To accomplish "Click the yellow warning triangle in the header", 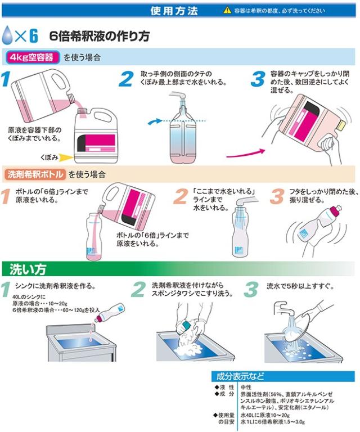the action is (227, 11).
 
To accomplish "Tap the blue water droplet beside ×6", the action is (7, 35).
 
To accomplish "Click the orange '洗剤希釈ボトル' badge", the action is (35, 174).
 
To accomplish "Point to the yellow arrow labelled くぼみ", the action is (67, 157).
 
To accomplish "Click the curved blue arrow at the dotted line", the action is (155, 121).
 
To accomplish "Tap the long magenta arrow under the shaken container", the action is (246, 154).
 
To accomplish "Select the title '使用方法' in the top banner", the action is (174, 11).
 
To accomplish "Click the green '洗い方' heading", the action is (28, 269).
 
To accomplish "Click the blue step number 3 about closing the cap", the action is (258, 79).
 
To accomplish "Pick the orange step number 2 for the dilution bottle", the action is (181, 196).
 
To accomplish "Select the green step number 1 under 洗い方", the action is (6, 289).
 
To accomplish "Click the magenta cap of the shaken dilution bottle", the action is (336, 210).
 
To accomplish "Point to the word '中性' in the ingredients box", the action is (246, 387).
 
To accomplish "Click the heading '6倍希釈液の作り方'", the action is (100, 36).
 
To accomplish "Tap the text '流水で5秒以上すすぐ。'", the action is (300, 286).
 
